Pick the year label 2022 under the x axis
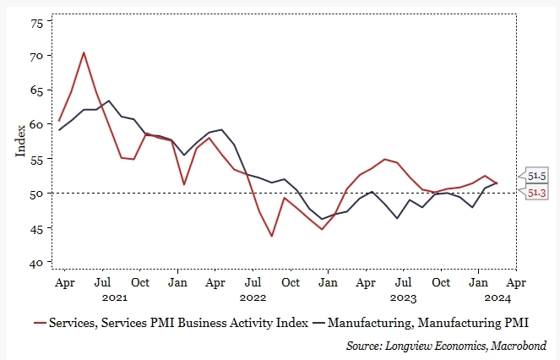[x=253, y=297]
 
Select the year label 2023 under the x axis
[x=404, y=297]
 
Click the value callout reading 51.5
[x=536, y=175]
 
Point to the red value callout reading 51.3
[x=536, y=194]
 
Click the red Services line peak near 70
[x=84, y=52]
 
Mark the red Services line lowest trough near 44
[x=271, y=236]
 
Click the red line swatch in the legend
[x=39, y=323]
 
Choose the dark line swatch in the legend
[x=318, y=323]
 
